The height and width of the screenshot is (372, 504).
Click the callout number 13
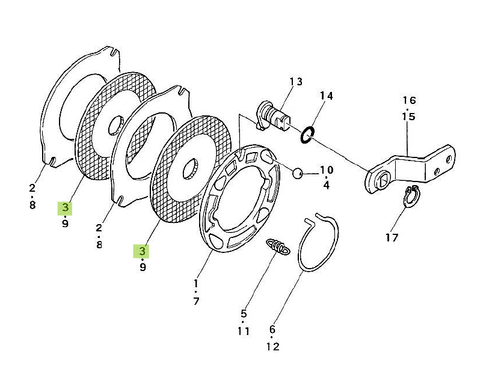pyautogui.click(x=296, y=82)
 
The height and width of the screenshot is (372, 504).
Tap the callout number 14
pyautogui.click(x=326, y=96)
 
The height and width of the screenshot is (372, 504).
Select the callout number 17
pyautogui.click(x=392, y=238)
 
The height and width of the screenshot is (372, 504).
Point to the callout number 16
pyautogui.click(x=410, y=100)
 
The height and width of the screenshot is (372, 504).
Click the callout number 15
pyautogui.click(x=409, y=117)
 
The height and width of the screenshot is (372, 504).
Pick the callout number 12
pyautogui.click(x=273, y=347)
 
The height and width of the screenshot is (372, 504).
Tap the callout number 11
pyautogui.click(x=244, y=331)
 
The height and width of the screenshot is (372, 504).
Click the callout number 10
pyautogui.click(x=327, y=169)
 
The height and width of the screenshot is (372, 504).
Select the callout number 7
pyautogui.click(x=196, y=301)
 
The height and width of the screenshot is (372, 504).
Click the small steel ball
pyautogui.click(x=297, y=174)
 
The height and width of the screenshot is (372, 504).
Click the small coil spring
pyautogui.click(x=278, y=247)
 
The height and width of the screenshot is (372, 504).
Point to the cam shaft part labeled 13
pyautogui.click(x=274, y=117)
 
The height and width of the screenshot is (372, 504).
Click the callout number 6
pyautogui.click(x=272, y=329)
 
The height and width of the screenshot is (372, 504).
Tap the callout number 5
pyautogui.click(x=244, y=314)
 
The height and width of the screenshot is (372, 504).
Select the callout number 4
pyautogui.click(x=326, y=185)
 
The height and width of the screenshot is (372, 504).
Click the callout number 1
pyautogui.click(x=195, y=284)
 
